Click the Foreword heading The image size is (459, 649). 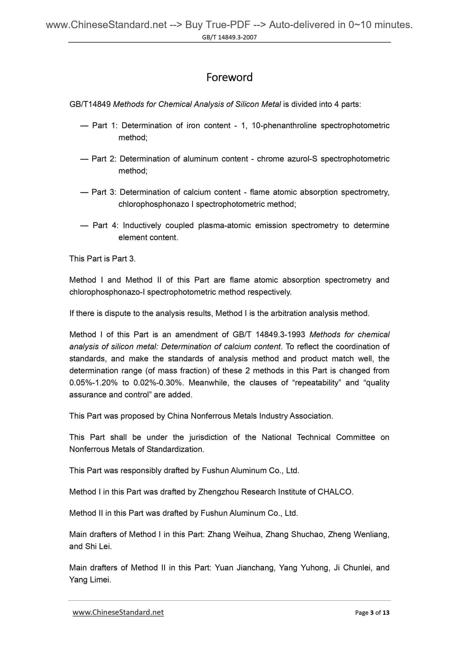(229, 77)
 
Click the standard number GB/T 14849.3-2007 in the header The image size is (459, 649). (229, 37)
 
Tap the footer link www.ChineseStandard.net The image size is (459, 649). (118, 612)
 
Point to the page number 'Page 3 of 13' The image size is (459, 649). (372, 612)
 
